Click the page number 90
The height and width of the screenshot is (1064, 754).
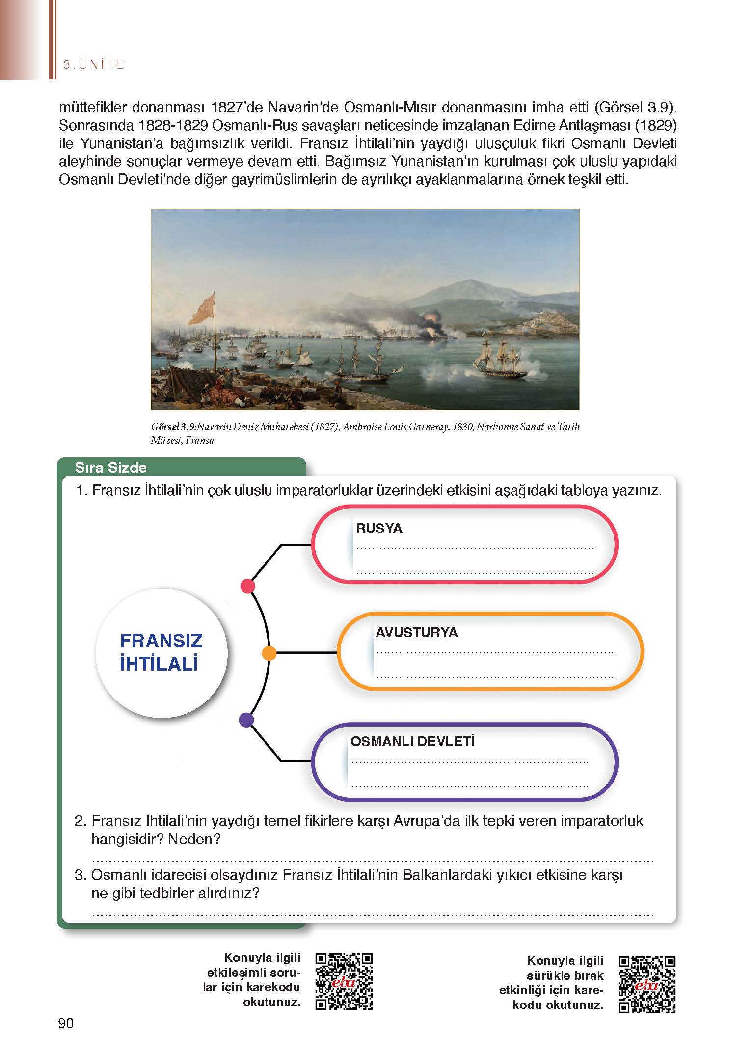pyautogui.click(x=66, y=1023)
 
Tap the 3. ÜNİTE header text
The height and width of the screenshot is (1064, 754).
pyautogui.click(x=93, y=64)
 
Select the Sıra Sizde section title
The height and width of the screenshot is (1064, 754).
pyautogui.click(x=110, y=467)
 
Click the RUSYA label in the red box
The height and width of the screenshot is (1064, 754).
pyautogui.click(x=379, y=529)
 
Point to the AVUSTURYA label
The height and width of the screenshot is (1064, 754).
pyautogui.click(x=416, y=632)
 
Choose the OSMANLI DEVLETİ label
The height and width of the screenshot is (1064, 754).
pyautogui.click(x=412, y=741)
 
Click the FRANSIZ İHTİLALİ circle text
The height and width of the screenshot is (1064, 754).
pyautogui.click(x=161, y=652)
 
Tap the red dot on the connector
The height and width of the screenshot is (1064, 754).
pyautogui.click(x=248, y=586)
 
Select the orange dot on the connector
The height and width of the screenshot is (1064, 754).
pyautogui.click(x=269, y=653)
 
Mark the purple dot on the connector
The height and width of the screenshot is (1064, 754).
pyautogui.click(x=246, y=720)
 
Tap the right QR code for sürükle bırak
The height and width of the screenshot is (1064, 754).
pyautogui.click(x=647, y=984)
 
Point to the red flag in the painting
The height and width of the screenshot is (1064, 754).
pyautogui.click(x=202, y=309)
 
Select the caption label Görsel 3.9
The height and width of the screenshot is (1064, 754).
pyautogui.click(x=174, y=427)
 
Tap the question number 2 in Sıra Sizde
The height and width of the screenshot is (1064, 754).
pyautogui.click(x=81, y=821)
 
